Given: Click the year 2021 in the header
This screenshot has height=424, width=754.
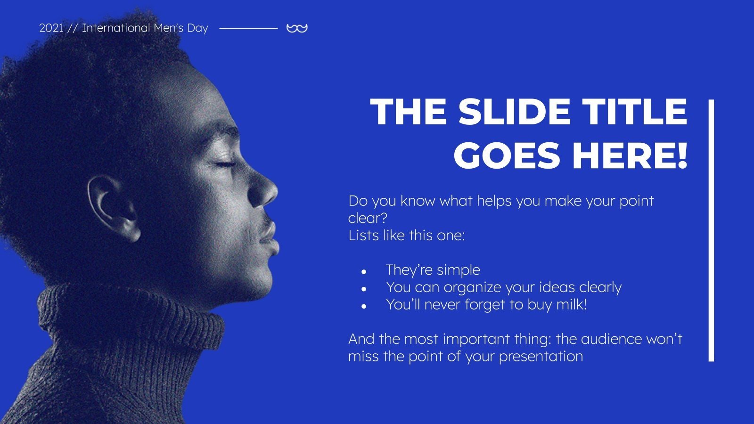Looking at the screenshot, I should [51, 28].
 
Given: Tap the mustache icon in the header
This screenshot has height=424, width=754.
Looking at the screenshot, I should [297, 29].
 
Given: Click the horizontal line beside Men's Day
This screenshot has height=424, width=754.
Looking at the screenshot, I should [248, 29].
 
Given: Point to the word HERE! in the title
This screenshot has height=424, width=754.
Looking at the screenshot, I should [630, 155].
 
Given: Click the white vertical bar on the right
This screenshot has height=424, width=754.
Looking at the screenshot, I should [711, 231].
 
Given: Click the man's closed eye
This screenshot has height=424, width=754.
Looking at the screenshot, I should [225, 164].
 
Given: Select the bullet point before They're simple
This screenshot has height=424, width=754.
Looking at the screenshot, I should [364, 272].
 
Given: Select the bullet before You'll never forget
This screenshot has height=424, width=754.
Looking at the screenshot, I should [364, 306].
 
